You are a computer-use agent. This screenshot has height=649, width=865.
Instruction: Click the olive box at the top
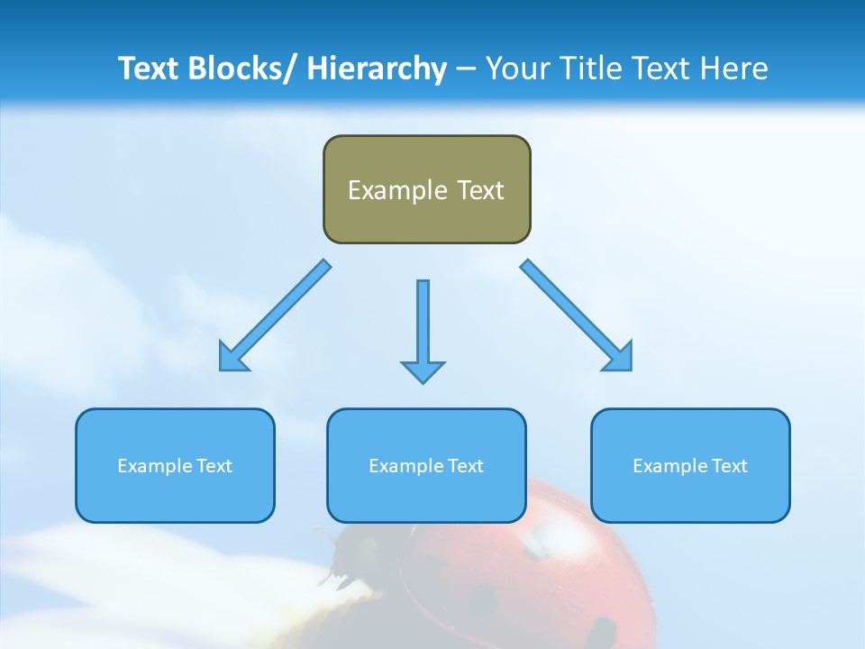click(426, 189)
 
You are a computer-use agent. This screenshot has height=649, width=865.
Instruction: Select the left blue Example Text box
click(175, 465)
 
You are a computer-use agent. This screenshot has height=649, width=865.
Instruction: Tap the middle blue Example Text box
click(426, 465)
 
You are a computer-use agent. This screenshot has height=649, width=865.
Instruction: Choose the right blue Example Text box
click(690, 465)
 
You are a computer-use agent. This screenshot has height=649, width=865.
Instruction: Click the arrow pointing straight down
click(423, 324)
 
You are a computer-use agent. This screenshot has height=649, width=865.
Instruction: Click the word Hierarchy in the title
click(377, 69)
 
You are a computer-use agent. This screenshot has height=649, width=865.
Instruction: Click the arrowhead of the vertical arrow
click(423, 371)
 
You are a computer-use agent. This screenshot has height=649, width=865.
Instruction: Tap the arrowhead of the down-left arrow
click(232, 358)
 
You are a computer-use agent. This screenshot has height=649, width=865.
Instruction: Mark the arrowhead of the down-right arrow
click(619, 358)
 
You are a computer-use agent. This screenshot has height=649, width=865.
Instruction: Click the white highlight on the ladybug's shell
click(550, 541)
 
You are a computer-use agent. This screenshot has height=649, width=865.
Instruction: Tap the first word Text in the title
click(149, 69)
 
